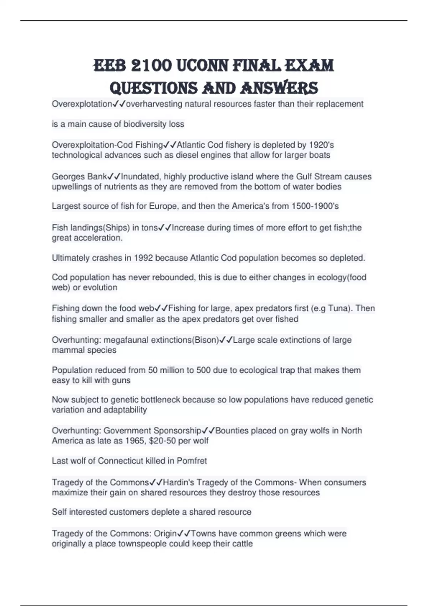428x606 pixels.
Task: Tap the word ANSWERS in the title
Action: click(x=279, y=88)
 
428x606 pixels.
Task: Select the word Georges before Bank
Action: click(x=67, y=176)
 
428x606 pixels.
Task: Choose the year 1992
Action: click(x=144, y=258)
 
